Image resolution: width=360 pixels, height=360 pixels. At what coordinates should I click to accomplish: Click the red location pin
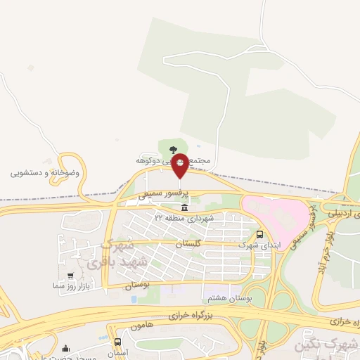pos(180,166)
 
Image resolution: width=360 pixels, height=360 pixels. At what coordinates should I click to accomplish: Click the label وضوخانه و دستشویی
pos(45,172)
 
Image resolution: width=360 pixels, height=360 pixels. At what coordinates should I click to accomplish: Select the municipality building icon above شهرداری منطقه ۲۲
pos(184,208)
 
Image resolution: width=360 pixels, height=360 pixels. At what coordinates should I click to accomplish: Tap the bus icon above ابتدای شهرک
pos(260,234)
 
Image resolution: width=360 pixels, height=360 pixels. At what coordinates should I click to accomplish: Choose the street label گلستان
pos(188,243)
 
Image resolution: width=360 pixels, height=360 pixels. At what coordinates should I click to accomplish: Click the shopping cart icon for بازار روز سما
pos(70,276)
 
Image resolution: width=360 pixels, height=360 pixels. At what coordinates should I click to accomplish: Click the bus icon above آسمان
pos(117,342)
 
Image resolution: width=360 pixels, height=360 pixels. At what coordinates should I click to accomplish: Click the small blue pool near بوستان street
pos(133,300)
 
